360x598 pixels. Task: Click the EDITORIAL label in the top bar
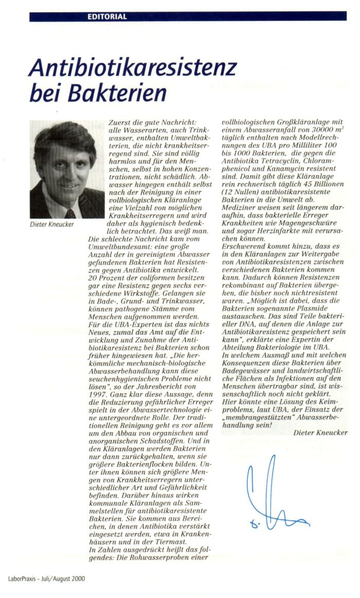click(107, 16)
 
